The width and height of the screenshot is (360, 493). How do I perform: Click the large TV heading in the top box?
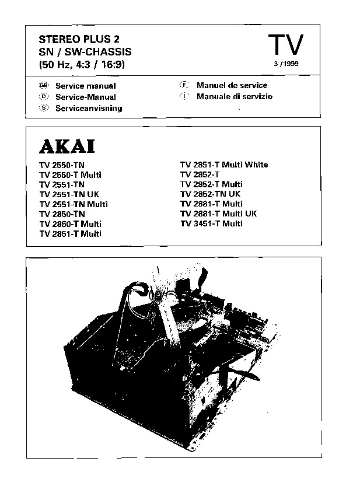pos(285,45)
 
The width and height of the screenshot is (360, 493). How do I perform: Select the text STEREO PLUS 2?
pos(74,40)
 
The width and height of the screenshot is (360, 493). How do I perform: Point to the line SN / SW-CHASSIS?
pos(81,52)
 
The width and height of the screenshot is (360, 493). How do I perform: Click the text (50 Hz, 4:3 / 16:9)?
pos(82,64)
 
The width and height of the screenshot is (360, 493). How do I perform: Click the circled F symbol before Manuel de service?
pos(184,85)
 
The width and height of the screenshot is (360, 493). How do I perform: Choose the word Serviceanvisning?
pos(89,109)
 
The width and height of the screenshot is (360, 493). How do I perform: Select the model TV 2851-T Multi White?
pos(224,165)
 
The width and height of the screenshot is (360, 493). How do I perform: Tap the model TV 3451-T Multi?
pos(211,223)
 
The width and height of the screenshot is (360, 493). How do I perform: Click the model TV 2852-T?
pos(200,174)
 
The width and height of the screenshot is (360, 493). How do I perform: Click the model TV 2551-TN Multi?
pos(74,204)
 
